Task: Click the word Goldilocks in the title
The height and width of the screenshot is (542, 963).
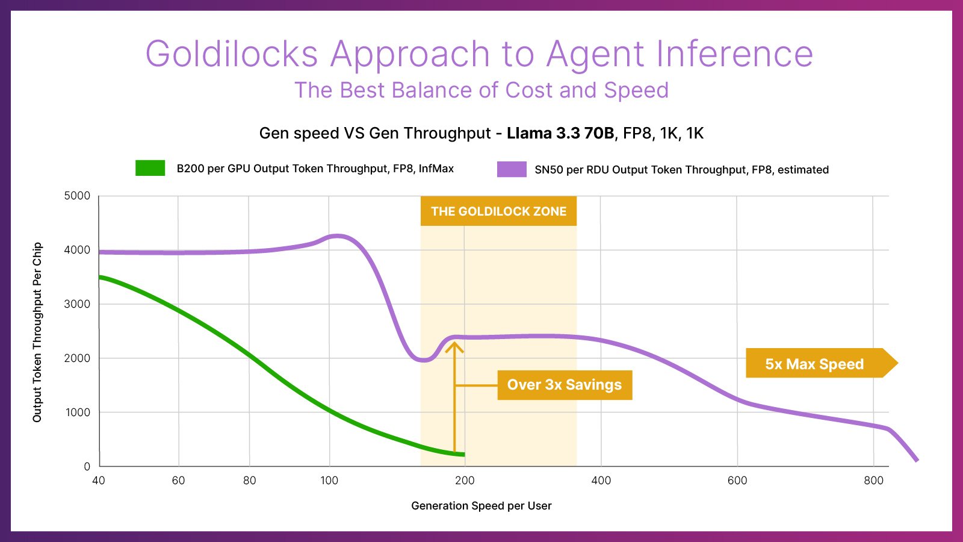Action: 231,54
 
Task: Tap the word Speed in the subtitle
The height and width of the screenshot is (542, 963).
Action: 636,90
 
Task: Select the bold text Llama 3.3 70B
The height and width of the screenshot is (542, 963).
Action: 560,133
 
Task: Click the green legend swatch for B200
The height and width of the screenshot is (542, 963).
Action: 150,168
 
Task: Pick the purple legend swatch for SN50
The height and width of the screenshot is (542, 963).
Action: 512,169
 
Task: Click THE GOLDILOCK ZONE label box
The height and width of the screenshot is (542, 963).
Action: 498,211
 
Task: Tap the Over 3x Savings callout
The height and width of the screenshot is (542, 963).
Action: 564,385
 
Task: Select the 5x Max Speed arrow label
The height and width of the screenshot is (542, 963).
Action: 814,364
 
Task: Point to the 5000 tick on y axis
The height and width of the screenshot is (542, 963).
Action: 77,196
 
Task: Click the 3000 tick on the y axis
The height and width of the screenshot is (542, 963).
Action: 77,304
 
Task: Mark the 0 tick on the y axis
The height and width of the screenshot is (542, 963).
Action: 87,466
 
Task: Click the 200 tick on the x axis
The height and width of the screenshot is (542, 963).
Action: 465,481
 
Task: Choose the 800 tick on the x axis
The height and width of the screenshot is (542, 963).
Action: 873,481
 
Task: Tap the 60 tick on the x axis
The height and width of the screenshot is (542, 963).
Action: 178,481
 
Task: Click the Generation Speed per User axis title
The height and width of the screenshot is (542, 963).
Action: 481,506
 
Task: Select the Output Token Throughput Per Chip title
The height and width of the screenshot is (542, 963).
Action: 37,332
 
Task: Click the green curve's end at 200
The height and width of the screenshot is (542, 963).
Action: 462,454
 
